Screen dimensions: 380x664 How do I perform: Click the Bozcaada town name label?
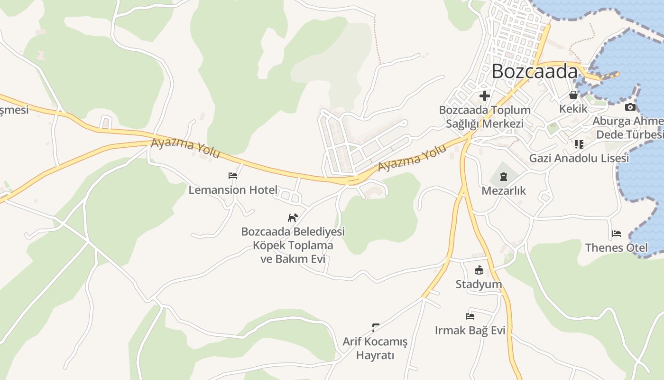tap(535, 71)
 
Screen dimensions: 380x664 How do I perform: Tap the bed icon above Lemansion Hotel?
tap(232, 176)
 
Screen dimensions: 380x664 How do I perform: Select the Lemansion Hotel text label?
tap(233, 190)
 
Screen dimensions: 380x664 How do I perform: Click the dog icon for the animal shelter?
tap(293, 218)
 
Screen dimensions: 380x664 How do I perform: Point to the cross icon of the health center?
tap(484, 96)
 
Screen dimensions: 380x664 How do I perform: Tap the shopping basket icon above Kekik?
tap(573, 95)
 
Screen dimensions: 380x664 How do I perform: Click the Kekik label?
tap(573, 109)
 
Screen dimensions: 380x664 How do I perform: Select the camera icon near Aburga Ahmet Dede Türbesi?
tap(630, 107)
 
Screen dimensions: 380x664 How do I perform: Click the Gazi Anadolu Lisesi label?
tap(579, 158)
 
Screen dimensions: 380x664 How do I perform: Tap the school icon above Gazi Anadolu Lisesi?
tap(579, 144)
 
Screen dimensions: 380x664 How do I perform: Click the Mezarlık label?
tap(504, 191)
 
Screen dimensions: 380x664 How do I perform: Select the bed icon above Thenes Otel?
tap(616, 234)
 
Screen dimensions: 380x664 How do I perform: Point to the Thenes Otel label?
tap(616, 247)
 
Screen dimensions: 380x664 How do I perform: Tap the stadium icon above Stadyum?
tap(479, 270)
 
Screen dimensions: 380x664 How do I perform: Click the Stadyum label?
tap(479, 285)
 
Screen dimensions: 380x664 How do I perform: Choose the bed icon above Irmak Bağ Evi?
tap(470, 316)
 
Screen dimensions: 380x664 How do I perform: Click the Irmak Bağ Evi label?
tap(470, 331)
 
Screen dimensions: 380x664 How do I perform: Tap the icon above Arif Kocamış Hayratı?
tap(376, 327)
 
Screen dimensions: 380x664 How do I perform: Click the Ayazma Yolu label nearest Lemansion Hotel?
tap(185, 148)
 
